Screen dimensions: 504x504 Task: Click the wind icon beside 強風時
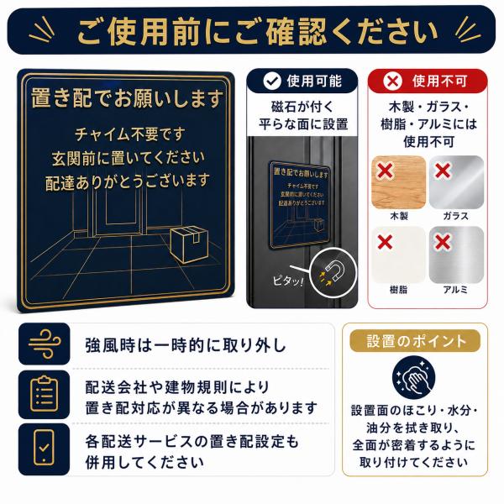[x=44, y=344]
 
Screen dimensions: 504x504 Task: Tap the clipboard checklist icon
[x=44, y=394]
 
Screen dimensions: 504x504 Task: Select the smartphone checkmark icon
[x=44, y=448]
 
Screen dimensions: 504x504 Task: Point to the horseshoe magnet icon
[x=334, y=270]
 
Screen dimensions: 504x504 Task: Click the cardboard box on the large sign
[x=189, y=244]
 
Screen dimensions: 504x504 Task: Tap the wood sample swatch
[x=398, y=182]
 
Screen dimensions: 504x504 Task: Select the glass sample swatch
[x=456, y=182]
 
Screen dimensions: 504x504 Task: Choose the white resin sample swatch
[x=398, y=255]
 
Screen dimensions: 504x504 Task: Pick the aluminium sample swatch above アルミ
[x=456, y=255]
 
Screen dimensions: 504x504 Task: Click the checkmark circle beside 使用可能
[x=272, y=81]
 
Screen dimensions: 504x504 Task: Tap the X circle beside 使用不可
[x=392, y=81]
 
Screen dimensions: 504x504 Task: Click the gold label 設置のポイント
[x=415, y=341]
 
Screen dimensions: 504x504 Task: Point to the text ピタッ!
[x=288, y=281]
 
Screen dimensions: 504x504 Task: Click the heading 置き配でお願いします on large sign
[x=127, y=98]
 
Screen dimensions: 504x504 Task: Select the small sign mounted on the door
[x=299, y=205]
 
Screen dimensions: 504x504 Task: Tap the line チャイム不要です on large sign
[x=130, y=134]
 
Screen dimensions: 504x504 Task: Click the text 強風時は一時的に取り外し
[x=186, y=345]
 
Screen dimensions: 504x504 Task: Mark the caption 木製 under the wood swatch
[x=399, y=216]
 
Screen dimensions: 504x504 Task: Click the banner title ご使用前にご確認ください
[x=258, y=32]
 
